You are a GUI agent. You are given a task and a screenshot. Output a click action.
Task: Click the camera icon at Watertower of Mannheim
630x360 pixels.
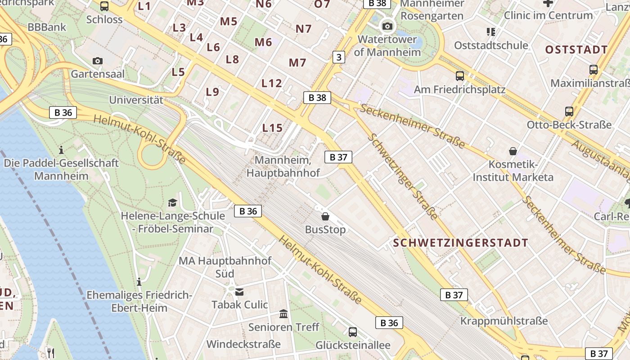point(387,26)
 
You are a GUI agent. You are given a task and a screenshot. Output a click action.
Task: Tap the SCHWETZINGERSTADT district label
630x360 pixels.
point(460,243)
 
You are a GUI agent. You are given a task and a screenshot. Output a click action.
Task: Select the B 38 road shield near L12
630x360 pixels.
point(317,98)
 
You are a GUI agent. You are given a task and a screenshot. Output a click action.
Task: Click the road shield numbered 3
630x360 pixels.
point(338,57)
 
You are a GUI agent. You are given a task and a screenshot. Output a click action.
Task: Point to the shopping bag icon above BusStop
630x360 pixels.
point(325,216)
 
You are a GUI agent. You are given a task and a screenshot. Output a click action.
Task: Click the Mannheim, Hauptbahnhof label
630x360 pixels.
point(283,166)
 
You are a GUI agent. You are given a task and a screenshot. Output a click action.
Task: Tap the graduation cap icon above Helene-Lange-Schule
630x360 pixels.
point(172,202)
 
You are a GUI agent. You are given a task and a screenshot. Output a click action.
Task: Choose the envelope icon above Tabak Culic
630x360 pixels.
point(239,292)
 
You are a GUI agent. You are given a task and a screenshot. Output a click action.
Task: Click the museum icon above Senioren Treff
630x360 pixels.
point(283,314)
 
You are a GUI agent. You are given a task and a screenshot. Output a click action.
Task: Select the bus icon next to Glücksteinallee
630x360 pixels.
point(353,332)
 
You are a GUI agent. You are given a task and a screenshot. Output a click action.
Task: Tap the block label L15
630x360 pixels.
point(272,128)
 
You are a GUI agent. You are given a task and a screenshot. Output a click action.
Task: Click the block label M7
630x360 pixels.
point(297,63)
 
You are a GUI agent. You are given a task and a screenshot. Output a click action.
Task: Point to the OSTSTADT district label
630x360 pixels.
point(576,49)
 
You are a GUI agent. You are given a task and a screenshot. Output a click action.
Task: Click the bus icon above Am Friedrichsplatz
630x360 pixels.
point(459,76)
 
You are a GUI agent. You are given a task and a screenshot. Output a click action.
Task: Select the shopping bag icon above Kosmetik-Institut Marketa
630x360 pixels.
point(513,151)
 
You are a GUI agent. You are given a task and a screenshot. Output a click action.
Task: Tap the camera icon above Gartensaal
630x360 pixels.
point(97,61)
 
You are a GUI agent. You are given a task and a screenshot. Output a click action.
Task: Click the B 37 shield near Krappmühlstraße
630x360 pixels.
point(454,295)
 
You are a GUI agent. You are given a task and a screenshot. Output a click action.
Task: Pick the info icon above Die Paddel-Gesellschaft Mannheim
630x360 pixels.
point(62,149)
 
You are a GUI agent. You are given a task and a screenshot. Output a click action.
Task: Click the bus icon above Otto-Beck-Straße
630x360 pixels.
point(569,111)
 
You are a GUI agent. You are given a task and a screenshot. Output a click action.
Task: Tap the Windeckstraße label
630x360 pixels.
point(243,344)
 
